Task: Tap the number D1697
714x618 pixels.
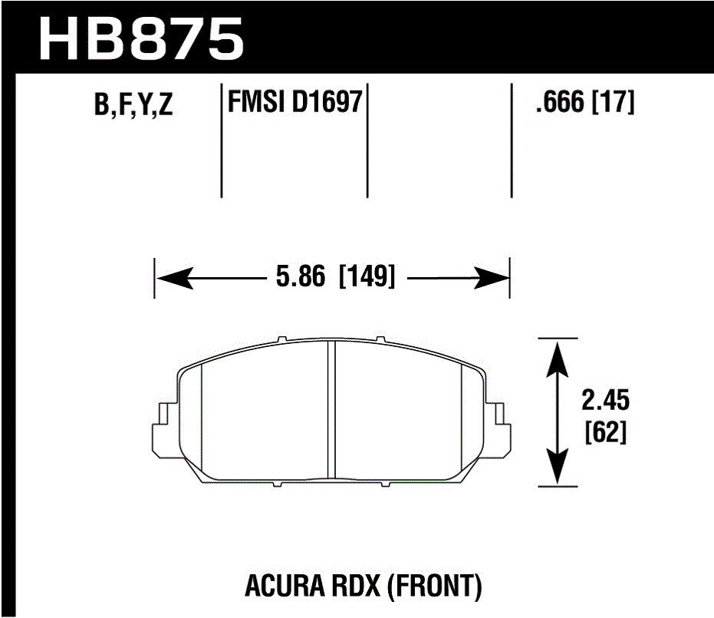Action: click(x=326, y=102)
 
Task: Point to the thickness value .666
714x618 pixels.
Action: click(x=561, y=102)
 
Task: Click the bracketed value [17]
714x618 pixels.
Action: click(x=614, y=102)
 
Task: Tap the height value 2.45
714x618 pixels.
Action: click(x=605, y=400)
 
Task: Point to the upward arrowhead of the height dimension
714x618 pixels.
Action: click(x=558, y=355)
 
